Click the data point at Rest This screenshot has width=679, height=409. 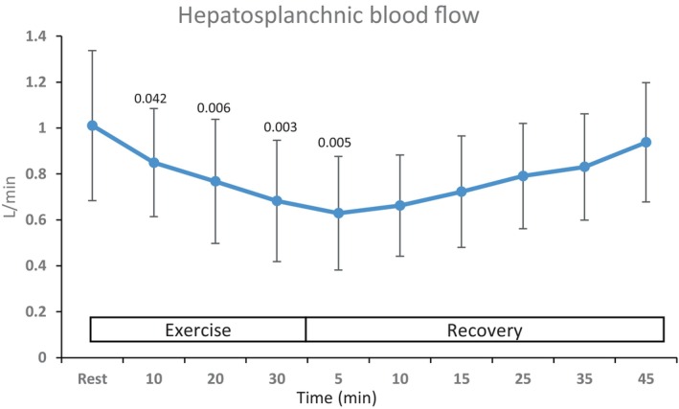[x=92, y=125]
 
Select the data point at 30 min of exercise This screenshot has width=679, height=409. [x=277, y=201]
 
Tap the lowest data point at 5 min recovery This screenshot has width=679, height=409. [x=338, y=214]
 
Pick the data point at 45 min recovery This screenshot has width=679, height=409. [x=645, y=143]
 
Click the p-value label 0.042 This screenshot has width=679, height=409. [x=150, y=99]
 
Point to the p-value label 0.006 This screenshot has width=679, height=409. [x=214, y=108]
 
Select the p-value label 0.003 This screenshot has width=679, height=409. [x=281, y=127]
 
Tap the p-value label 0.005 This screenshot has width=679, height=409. [x=334, y=143]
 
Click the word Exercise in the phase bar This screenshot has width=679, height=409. [x=198, y=330]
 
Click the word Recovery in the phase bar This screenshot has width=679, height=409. [x=485, y=330]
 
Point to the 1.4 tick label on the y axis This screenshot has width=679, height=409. [x=36, y=36]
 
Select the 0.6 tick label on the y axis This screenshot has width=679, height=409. [x=36, y=220]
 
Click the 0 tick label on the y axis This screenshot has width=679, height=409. [x=42, y=357]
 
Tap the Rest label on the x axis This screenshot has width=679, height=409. [x=92, y=379]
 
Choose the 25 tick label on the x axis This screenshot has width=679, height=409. [x=523, y=379]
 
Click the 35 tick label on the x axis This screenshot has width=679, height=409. [x=584, y=379]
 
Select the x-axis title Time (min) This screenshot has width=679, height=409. [x=336, y=398]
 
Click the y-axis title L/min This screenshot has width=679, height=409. [x=11, y=196]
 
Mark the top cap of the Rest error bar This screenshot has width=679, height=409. [x=92, y=51]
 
